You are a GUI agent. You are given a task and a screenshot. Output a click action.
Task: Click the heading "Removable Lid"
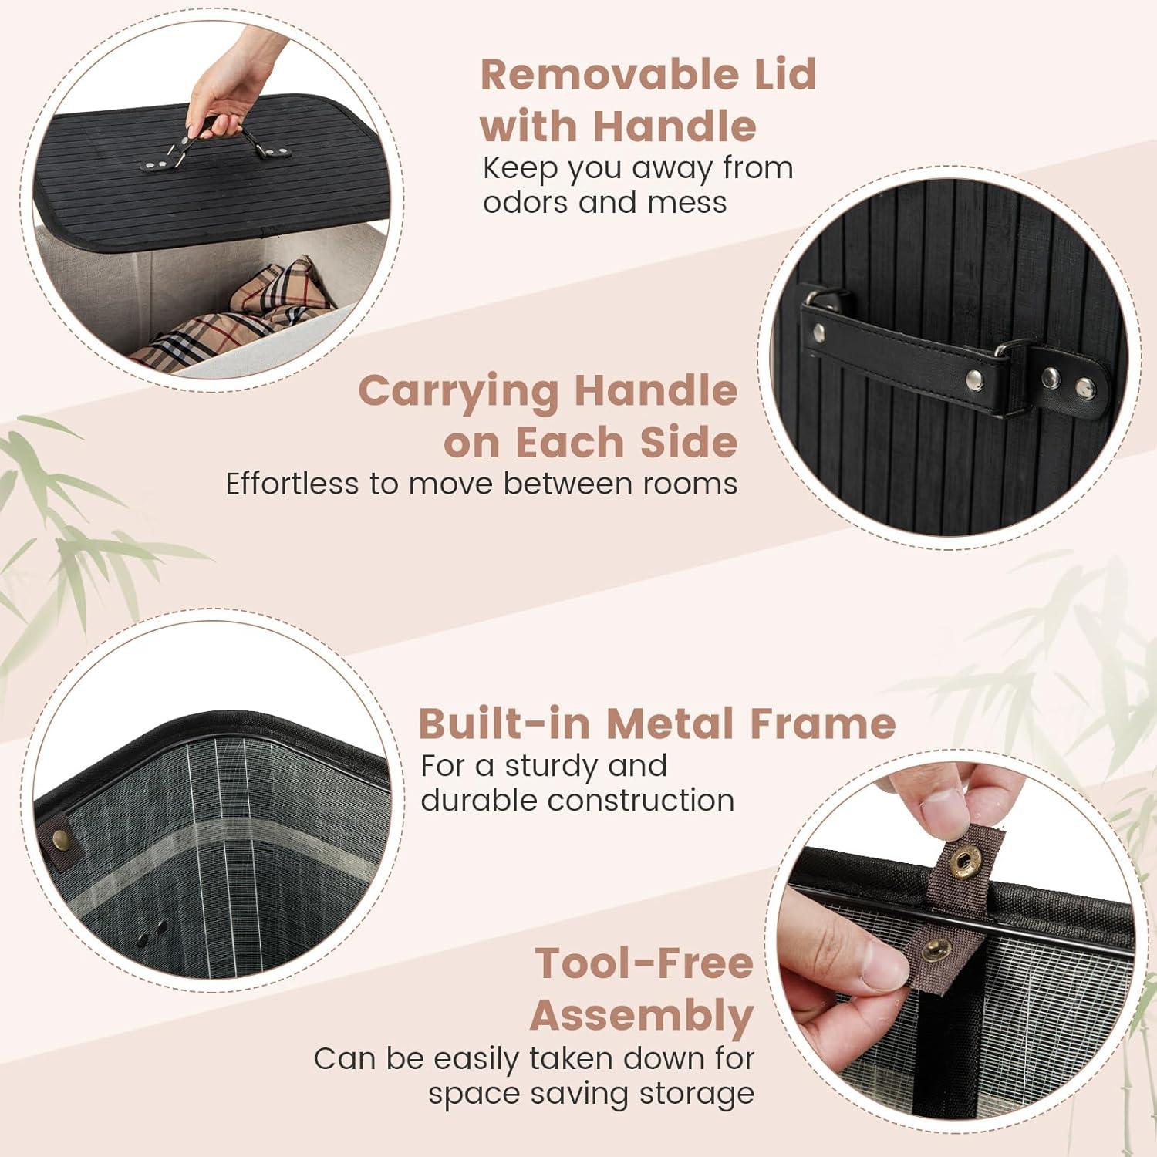coord(648,75)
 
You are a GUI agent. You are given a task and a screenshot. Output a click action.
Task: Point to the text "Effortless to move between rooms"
coord(481,484)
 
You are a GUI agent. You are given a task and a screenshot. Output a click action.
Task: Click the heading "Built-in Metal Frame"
coord(656,724)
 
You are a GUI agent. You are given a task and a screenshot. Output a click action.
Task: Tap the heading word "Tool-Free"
coord(644,963)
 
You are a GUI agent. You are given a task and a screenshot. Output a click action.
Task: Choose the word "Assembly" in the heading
coord(642,1016)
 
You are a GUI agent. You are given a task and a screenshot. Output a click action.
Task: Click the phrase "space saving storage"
coord(592,1094)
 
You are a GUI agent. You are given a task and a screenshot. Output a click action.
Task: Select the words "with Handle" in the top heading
coord(618,126)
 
